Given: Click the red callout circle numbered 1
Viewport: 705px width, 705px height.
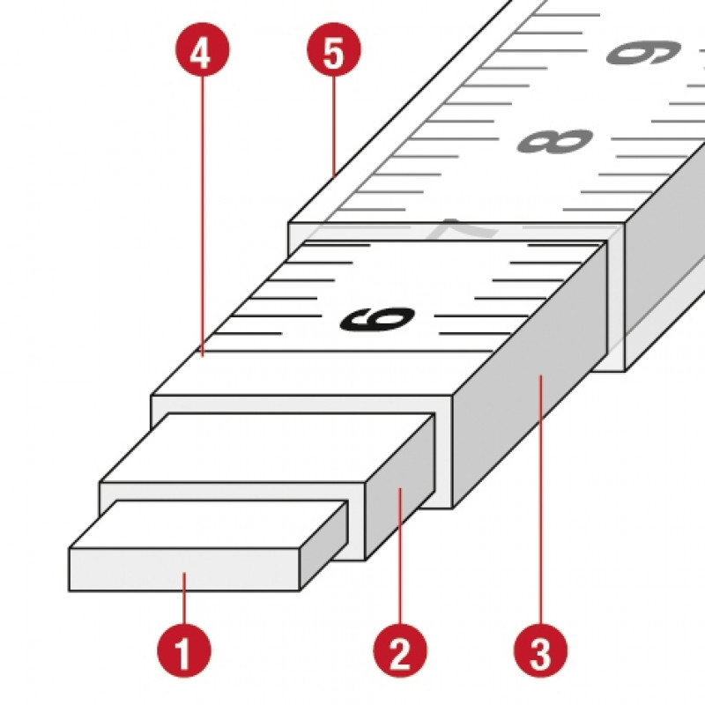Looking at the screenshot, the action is click(184, 650).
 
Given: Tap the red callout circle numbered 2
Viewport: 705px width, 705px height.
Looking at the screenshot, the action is click(400, 650).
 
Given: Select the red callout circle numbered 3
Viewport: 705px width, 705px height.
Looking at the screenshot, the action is click(540, 650).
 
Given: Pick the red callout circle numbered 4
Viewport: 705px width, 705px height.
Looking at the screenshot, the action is click(203, 49).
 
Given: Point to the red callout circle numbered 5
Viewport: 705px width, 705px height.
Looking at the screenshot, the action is click(334, 49).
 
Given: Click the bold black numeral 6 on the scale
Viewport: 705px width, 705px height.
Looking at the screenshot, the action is click(378, 319).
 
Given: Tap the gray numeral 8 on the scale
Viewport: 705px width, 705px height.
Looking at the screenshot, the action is click(556, 141).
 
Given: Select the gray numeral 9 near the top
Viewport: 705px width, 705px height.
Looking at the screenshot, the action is click(644, 52).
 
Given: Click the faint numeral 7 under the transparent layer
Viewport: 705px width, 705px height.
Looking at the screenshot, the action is click(468, 228).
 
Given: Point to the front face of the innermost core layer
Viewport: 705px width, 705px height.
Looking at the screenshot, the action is click(184, 569).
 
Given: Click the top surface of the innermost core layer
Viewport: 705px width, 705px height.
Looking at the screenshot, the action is click(209, 524).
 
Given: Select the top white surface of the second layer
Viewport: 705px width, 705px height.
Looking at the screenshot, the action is click(265, 448).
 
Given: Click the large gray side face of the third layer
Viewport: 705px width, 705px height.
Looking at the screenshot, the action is click(531, 373).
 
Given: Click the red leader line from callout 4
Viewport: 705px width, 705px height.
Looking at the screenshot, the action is click(203, 216).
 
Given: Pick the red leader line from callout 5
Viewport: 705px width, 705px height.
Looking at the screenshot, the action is click(334, 125).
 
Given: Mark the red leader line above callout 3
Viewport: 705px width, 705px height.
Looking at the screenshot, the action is click(541, 499).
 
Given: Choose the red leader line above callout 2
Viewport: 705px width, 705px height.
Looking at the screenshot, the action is click(400, 555).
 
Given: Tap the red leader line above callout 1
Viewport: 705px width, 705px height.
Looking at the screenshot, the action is click(184, 597).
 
